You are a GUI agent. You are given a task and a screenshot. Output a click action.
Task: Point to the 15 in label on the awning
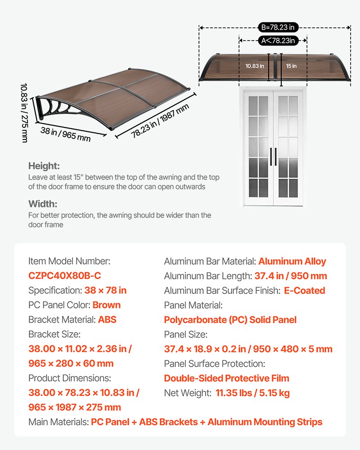(291, 66)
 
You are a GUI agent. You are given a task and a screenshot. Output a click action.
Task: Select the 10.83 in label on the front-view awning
(255, 66)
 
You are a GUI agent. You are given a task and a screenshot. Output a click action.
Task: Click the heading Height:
(44, 166)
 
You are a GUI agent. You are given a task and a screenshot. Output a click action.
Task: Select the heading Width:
(42, 204)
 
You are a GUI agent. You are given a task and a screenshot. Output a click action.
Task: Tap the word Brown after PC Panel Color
(107, 305)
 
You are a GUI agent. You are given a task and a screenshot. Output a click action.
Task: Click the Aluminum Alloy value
(292, 261)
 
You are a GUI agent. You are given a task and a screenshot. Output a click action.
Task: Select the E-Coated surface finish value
(304, 291)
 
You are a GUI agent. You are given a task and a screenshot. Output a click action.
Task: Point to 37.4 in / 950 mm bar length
(290, 276)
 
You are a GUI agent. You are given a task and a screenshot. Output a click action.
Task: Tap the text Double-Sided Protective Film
(226, 378)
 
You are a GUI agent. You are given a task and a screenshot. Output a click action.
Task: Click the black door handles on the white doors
(273, 157)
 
